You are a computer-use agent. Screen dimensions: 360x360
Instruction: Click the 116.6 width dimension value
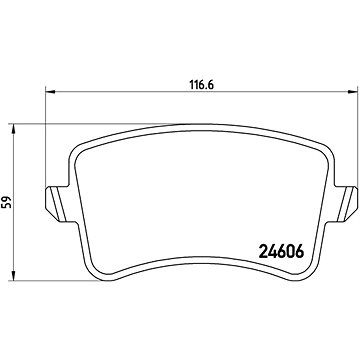[201, 85]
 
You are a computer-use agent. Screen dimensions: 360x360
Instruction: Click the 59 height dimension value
[6, 202]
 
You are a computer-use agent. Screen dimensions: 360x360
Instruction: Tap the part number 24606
[281, 251]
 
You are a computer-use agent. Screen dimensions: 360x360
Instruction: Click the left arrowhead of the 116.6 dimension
[50, 91]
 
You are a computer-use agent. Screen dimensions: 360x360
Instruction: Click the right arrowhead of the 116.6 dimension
[353, 91]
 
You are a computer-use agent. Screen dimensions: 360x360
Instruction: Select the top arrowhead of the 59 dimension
[13, 129]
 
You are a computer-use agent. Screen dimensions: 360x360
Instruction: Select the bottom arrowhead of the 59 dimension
[13, 275]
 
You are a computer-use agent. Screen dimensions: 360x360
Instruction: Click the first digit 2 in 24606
[263, 251]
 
